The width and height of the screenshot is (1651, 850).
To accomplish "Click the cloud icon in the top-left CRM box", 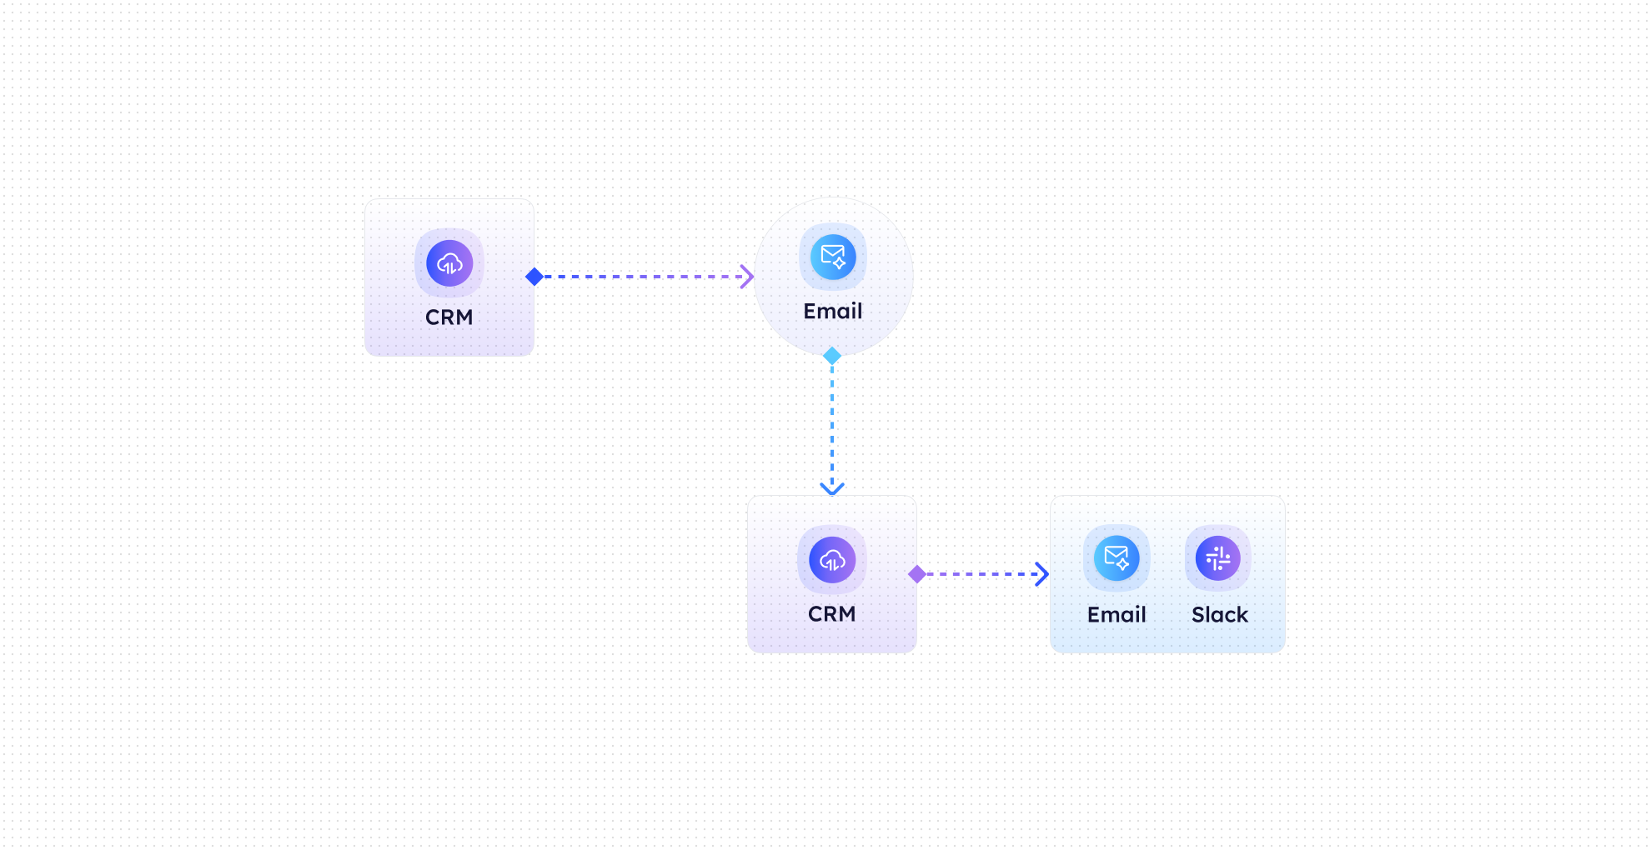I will (449, 263).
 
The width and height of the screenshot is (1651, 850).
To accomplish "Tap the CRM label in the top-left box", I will (449, 317).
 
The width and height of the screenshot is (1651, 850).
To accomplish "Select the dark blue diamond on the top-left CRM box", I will (534, 277).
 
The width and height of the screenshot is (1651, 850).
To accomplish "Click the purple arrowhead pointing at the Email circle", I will (747, 277).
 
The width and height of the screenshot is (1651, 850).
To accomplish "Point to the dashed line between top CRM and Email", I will (642, 277).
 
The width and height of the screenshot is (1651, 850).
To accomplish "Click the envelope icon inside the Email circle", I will (833, 257).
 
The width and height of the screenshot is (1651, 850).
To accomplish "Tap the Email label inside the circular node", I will (832, 312).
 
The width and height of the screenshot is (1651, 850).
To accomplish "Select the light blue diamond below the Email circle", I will (832, 356).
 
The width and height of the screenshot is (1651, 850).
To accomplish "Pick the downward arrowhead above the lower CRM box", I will (832, 488).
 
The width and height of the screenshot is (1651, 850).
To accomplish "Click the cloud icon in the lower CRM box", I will (832, 560).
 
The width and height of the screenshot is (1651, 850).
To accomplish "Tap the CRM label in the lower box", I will (831, 614).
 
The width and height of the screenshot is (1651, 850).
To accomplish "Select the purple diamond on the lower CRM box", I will (917, 574).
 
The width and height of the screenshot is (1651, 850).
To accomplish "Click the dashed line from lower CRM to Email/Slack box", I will (980, 574).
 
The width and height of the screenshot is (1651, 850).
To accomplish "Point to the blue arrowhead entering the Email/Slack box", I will (1041, 574).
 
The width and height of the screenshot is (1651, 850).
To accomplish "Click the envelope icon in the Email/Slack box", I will (1117, 557).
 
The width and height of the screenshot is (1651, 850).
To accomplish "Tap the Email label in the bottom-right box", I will (1117, 615).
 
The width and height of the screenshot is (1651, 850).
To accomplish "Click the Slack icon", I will (1218, 557).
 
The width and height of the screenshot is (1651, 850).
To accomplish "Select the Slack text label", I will (1219, 615).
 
